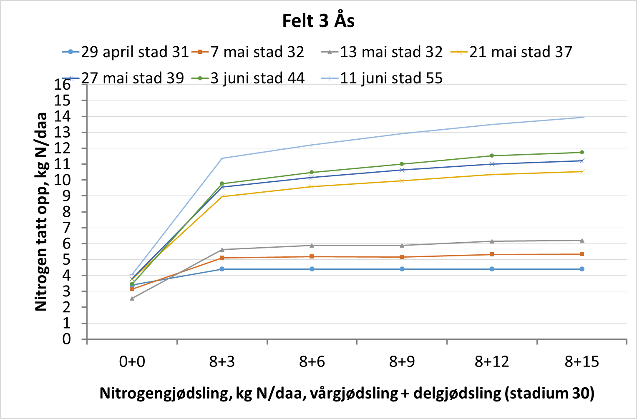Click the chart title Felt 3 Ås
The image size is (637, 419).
click(318, 21)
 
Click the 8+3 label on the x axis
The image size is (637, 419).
click(222, 361)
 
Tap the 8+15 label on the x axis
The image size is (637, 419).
click(582, 361)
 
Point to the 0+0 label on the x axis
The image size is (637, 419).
click(132, 361)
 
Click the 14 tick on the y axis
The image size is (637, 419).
click(63, 116)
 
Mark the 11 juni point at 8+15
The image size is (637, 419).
click(582, 117)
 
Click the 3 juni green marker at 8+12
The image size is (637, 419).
click(492, 156)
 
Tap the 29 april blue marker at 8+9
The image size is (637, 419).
click(402, 269)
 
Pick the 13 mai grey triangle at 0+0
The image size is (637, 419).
click(132, 299)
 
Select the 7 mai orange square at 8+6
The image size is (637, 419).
click(312, 256)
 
